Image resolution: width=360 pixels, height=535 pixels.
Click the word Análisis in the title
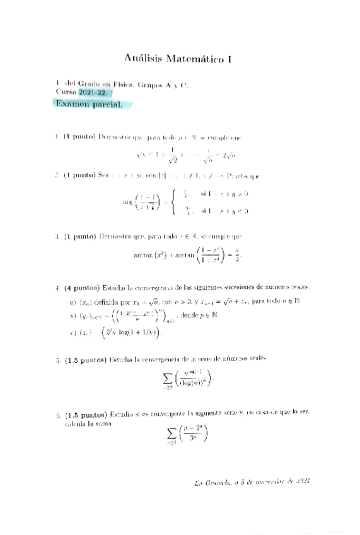pos(144,60)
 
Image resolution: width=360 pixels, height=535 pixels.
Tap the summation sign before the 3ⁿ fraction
pos(171,433)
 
